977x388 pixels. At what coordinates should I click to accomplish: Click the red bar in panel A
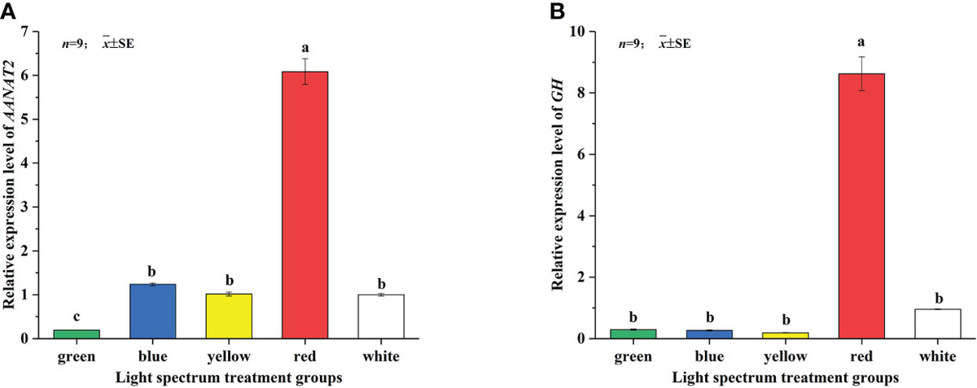(304, 204)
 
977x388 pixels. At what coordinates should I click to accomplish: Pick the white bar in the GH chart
(938, 323)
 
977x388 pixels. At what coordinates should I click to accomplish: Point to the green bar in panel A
(77, 334)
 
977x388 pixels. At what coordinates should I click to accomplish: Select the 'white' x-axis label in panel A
(380, 356)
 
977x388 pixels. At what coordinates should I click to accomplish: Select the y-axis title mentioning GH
(561, 185)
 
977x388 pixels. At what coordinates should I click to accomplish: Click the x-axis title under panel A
(229, 377)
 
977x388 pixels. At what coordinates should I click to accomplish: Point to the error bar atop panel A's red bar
(304, 71)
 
